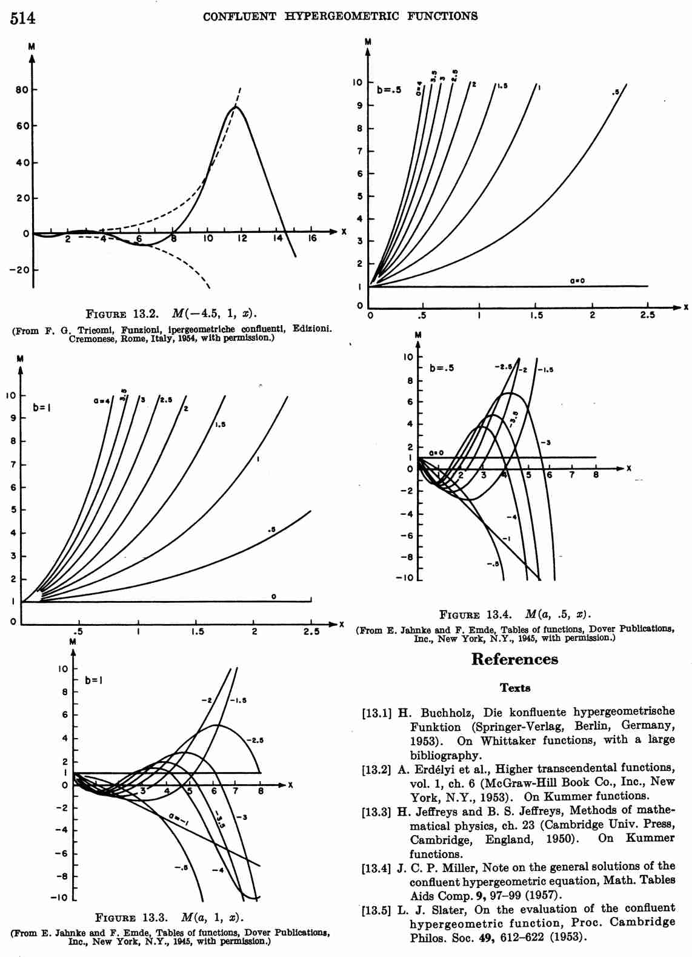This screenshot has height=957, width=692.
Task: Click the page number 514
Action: pos(22,18)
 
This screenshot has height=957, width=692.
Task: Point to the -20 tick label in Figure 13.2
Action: pos(19,270)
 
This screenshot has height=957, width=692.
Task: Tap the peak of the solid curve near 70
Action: pos(235,107)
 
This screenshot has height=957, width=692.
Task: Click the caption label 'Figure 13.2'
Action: pos(122,314)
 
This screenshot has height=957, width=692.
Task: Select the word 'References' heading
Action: pos(514,659)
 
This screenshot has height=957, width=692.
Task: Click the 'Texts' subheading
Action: pos(515,688)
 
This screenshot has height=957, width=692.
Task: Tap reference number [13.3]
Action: pos(376,811)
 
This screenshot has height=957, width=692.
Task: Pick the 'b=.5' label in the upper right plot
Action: pos(389,90)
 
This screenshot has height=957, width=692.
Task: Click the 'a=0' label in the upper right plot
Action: pos(577,281)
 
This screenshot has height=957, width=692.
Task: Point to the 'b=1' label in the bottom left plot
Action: pos(93,680)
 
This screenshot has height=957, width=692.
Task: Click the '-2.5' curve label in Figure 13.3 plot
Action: pos(255,740)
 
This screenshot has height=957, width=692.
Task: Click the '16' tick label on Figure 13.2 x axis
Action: pos(312,238)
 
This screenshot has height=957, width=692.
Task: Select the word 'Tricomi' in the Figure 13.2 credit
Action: pos(96,329)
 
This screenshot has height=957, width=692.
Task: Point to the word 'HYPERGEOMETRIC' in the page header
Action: pos(342,17)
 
